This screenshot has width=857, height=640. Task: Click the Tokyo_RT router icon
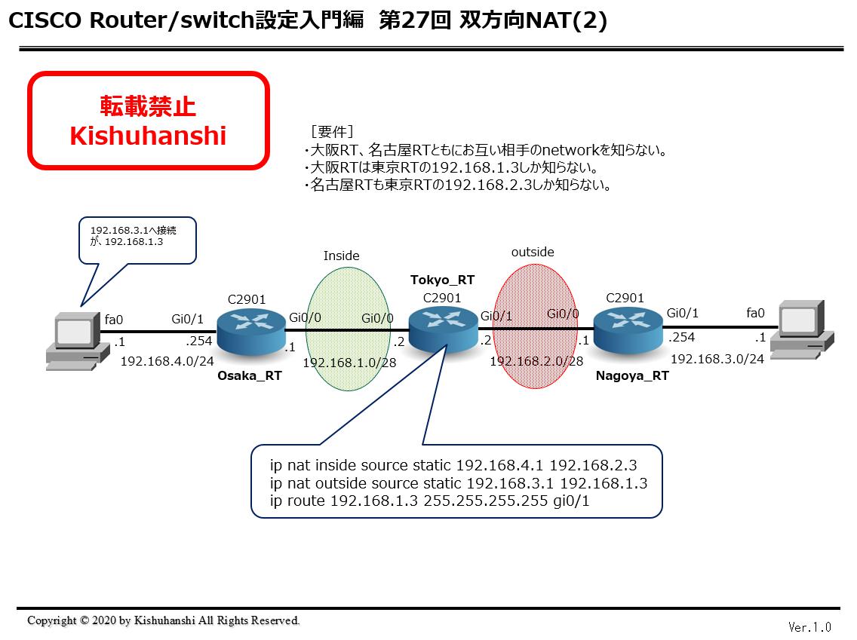coord(444,329)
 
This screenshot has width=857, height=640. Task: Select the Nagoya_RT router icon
coord(628,329)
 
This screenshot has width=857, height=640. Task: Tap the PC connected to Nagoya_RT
coord(802,329)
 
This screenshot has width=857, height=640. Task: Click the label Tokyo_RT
coord(442,280)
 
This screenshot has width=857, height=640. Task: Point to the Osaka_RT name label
coord(250,375)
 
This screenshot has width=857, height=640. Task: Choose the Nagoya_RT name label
coord(632,375)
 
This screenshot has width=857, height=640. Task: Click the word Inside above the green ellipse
coord(341,256)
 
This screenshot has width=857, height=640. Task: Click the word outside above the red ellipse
coord(533,252)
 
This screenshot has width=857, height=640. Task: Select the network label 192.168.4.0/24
coord(167,361)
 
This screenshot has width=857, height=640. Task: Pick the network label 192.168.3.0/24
coord(717,359)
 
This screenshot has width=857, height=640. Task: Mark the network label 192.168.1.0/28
coord(349,363)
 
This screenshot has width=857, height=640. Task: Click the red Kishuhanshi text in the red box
coord(148,136)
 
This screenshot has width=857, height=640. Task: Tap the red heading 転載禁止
coord(148,106)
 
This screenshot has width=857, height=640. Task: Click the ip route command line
coord(429,501)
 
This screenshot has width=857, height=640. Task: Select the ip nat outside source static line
coord(459,483)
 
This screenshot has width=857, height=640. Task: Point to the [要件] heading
coord(332,132)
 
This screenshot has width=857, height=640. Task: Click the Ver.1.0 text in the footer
coord(809,627)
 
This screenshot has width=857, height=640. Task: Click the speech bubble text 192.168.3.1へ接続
coord(134,231)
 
